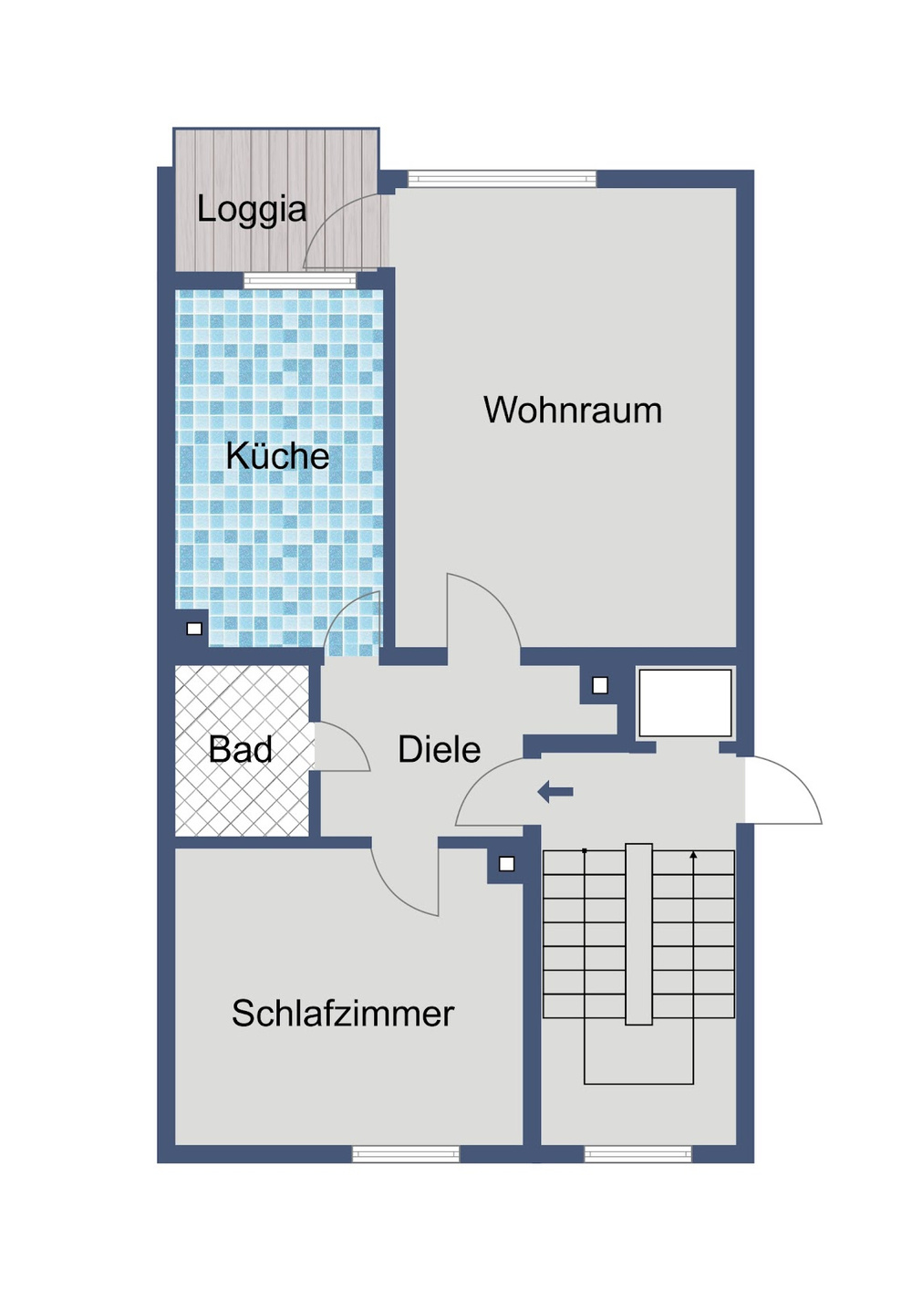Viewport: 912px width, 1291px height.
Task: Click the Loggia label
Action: click(252, 210)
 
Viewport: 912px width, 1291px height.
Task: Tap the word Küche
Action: click(277, 456)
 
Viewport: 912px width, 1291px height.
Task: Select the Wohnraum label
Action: click(573, 411)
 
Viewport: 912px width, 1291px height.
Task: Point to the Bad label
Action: click(240, 750)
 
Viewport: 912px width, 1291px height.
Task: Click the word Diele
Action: click(439, 750)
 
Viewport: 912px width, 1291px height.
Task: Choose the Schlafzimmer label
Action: click(343, 1014)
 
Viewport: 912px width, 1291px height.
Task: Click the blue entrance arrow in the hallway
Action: click(555, 792)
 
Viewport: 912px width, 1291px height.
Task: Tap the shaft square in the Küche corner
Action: click(194, 629)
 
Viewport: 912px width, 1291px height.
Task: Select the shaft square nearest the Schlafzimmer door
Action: click(507, 864)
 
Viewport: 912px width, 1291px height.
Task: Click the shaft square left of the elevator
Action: click(600, 685)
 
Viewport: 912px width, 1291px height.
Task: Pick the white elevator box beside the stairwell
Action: click(685, 703)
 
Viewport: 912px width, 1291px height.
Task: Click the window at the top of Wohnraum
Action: click(502, 179)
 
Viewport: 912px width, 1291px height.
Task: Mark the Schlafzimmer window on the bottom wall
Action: click(406, 1154)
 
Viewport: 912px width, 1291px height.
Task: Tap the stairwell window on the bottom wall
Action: click(637, 1154)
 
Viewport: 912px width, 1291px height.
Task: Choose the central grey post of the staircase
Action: click(638, 933)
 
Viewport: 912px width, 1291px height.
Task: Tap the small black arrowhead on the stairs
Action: click(694, 856)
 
